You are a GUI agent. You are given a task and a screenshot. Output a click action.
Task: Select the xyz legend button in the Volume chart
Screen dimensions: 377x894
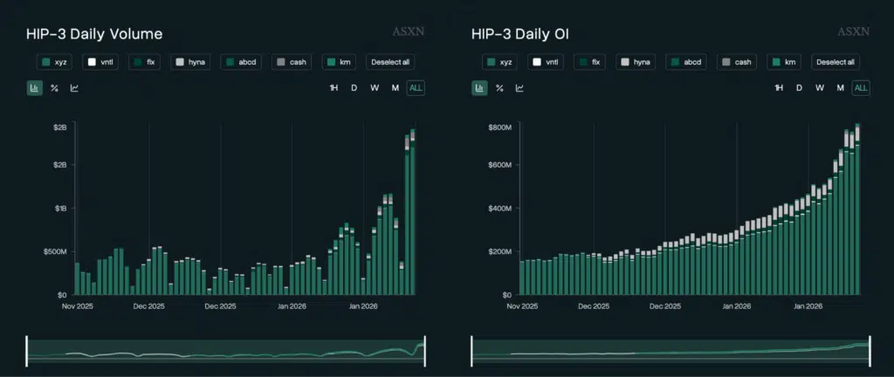point(54,62)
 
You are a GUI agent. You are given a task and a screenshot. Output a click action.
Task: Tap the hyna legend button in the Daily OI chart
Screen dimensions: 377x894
point(635,62)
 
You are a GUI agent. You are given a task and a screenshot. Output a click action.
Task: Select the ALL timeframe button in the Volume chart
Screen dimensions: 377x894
point(416,88)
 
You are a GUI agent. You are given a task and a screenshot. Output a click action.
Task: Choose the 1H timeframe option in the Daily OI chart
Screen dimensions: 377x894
point(779,88)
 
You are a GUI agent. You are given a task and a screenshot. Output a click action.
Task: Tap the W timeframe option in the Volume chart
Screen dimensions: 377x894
point(374,88)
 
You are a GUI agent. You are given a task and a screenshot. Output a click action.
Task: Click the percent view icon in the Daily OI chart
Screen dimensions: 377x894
point(499,88)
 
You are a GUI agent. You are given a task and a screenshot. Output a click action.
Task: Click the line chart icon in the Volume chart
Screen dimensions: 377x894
point(74,88)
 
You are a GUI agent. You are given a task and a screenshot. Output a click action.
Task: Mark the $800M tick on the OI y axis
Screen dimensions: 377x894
point(499,127)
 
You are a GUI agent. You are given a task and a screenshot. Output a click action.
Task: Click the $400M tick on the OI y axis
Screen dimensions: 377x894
point(499,209)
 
